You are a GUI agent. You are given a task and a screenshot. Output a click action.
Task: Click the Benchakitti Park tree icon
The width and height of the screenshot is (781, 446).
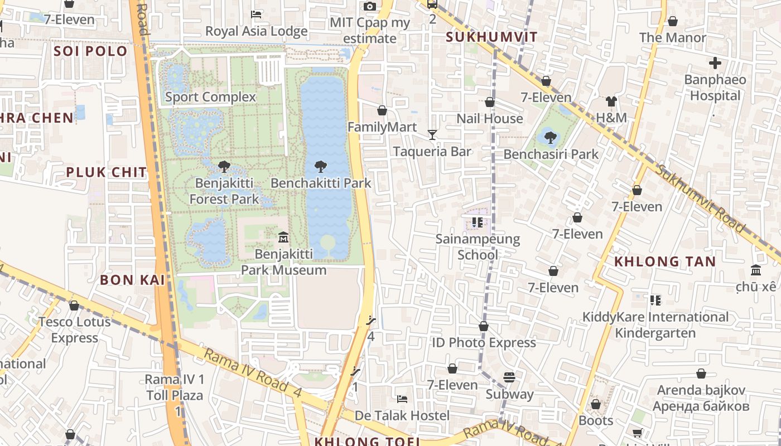tap(320, 166)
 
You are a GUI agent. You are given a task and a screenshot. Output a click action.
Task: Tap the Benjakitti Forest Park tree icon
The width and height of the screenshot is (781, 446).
tap(224, 166)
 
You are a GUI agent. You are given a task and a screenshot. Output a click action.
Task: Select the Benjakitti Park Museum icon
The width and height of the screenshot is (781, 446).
tap(283, 237)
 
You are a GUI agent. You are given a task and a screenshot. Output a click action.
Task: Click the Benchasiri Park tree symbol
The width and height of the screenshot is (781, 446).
tap(551, 137)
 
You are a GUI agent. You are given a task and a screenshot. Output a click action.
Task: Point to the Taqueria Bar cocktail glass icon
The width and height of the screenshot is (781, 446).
tap(432, 134)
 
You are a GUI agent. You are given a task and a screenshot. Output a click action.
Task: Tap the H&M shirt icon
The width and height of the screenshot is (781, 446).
tap(611, 101)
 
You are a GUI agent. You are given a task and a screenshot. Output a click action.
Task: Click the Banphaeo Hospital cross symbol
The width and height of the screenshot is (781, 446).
tap(715, 63)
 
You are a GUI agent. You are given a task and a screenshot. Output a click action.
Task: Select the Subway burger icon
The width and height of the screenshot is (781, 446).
tap(509, 377)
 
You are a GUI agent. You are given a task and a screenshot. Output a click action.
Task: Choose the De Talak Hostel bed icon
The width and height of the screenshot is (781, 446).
tap(402, 399)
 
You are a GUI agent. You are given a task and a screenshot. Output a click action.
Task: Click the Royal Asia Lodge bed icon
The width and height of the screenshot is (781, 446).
tap(256, 14)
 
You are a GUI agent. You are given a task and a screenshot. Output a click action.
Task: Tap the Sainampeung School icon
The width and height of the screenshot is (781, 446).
tap(477, 222)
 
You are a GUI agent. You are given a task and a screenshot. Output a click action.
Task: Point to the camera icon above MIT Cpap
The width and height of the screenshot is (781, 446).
tap(369, 7)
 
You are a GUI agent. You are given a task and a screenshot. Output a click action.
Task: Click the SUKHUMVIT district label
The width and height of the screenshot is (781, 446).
tap(492, 37)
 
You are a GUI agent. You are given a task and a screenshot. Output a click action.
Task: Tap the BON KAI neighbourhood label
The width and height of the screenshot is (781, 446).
tap(132, 280)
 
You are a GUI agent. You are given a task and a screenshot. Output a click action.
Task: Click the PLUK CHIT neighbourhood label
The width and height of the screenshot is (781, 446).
tap(106, 172)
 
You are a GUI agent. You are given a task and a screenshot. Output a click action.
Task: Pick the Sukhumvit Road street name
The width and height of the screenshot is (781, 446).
tap(700, 198)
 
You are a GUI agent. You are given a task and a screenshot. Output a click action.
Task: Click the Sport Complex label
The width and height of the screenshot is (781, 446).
tap(210, 97)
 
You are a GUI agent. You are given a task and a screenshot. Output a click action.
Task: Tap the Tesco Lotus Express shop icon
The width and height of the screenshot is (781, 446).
tap(74, 306)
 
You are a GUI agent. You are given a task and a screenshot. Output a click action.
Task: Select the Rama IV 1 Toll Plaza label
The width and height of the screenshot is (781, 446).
tap(175, 387)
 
